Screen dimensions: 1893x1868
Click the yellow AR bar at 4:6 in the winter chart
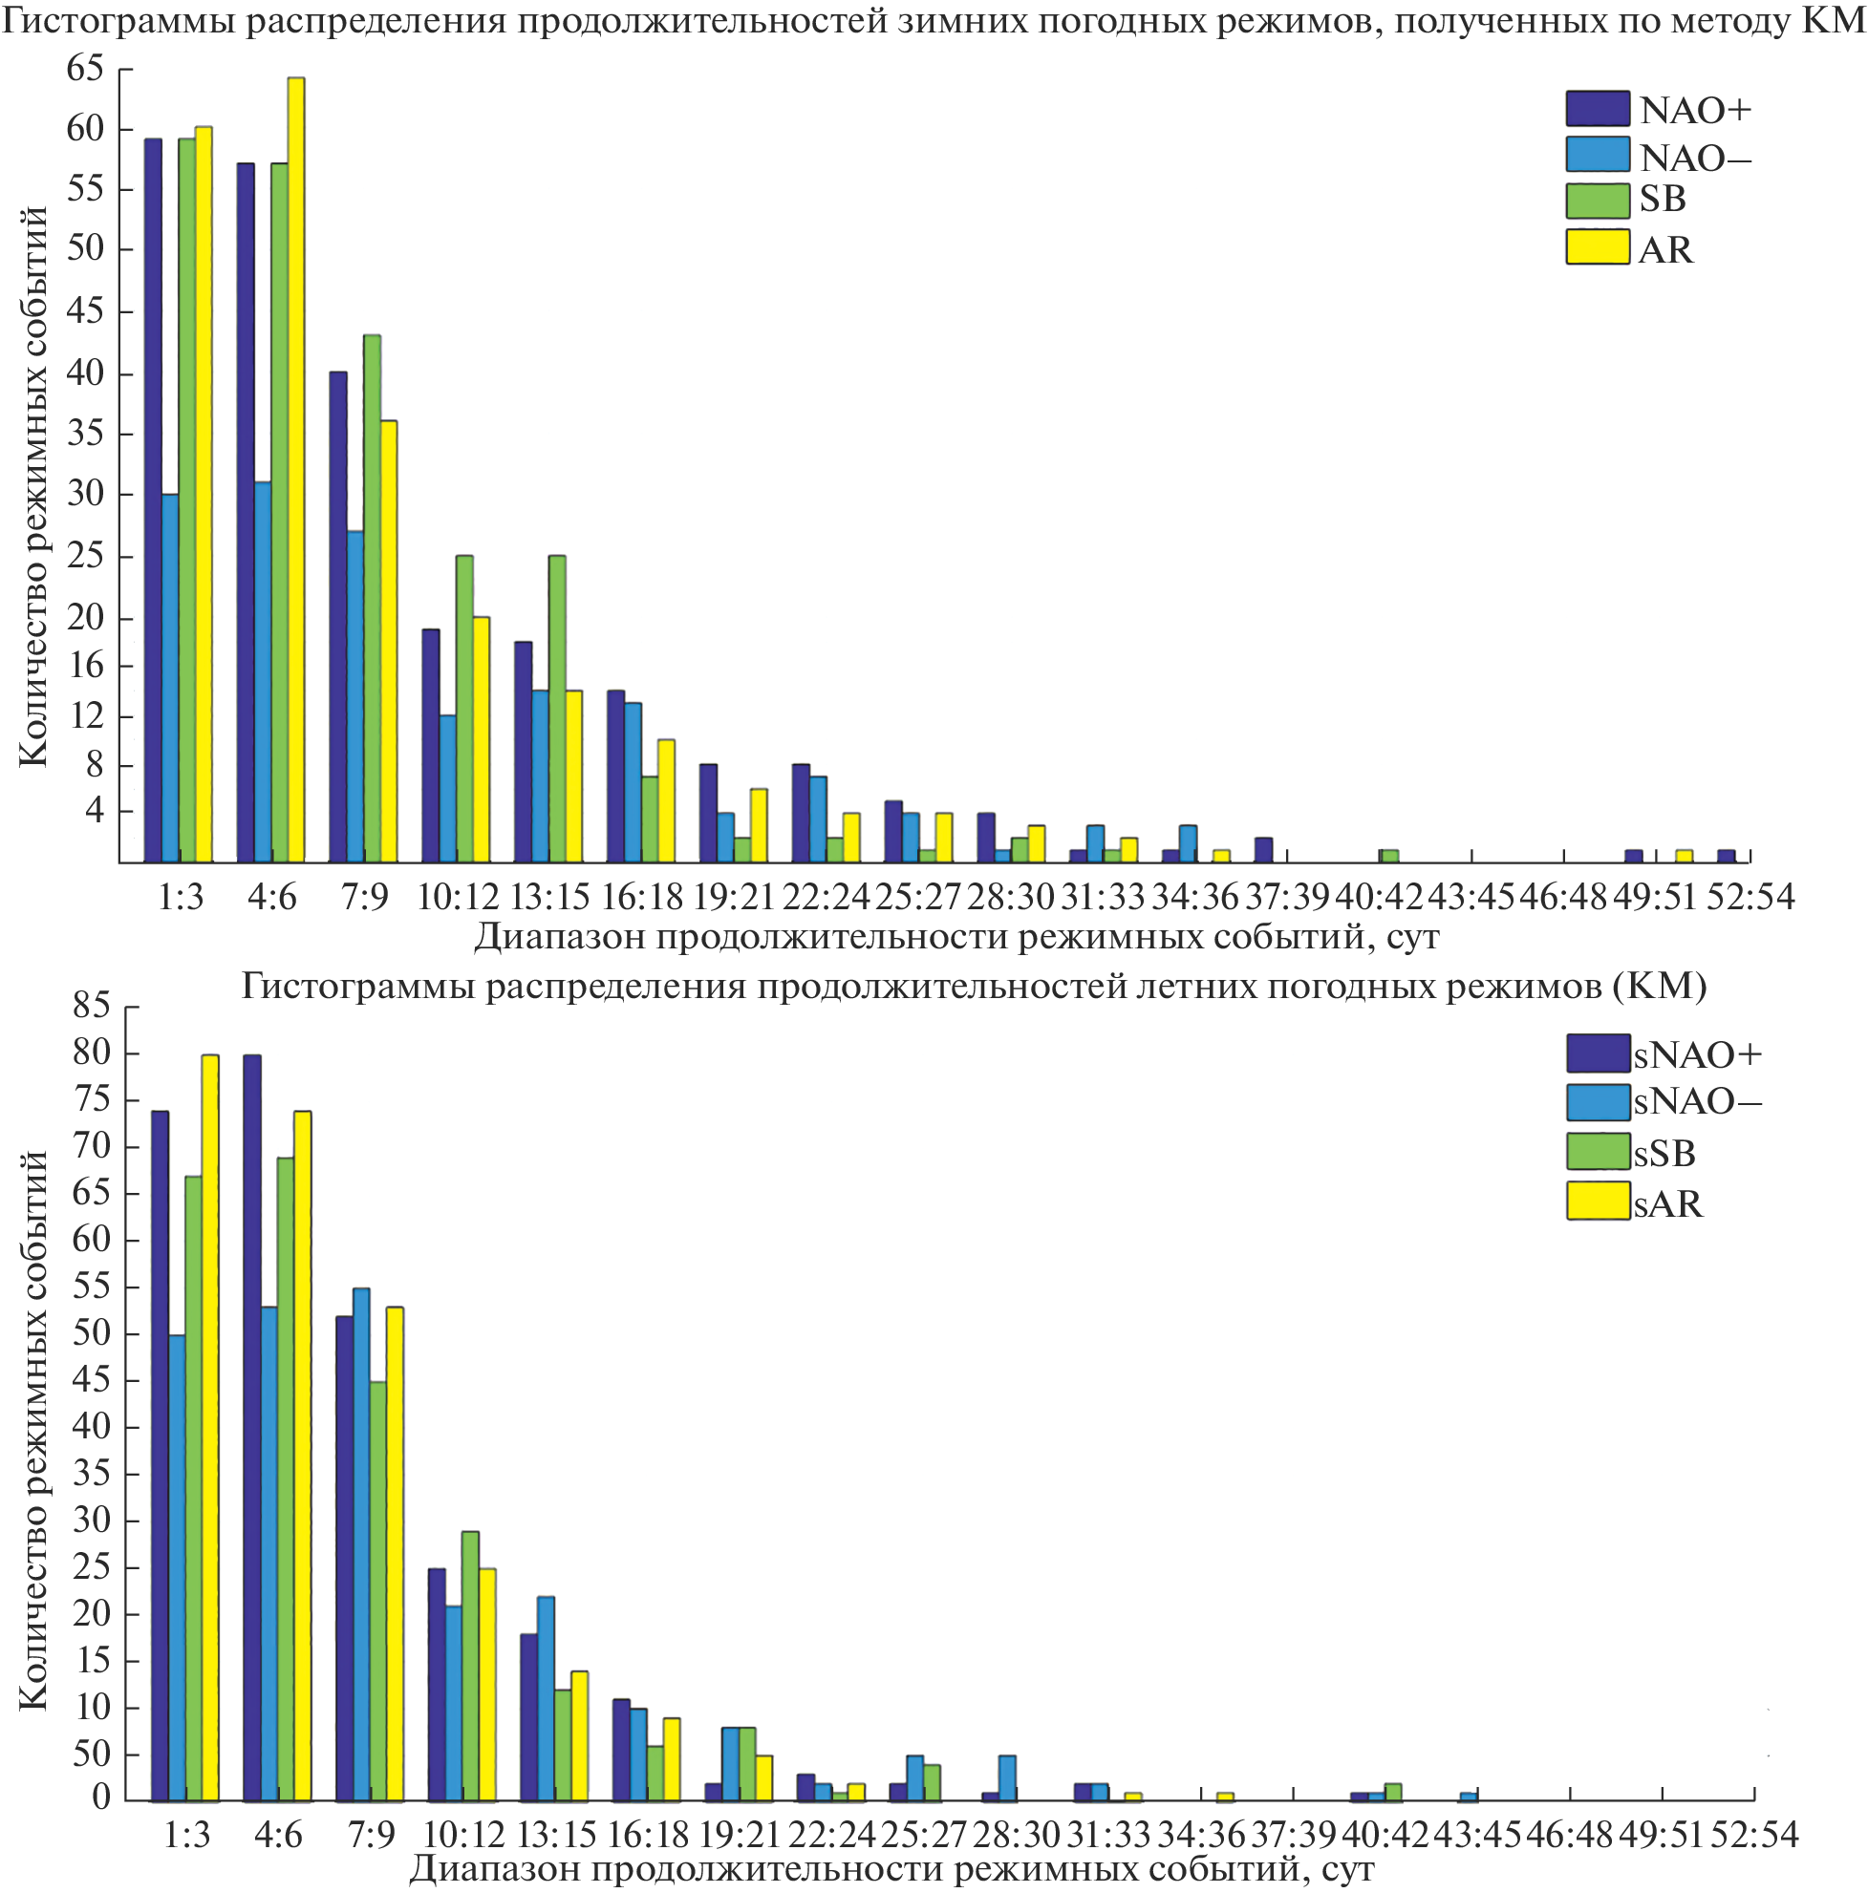pos(295,470)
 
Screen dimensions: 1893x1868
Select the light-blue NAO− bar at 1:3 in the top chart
pos(170,678)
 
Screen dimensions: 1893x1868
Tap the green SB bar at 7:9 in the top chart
pos(372,599)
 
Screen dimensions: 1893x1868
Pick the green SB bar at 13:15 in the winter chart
pos(557,709)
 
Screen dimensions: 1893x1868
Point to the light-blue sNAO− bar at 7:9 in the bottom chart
pos(361,1544)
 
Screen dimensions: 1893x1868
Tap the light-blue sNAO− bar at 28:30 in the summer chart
pos(1006,1777)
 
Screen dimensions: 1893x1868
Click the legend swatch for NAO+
pos(1597,109)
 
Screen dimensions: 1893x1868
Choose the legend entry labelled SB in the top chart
pos(1663,199)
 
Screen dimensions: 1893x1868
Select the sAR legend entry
pos(1667,1203)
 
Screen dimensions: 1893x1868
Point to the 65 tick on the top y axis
pos(84,68)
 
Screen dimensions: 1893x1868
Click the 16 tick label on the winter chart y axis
pos(86,666)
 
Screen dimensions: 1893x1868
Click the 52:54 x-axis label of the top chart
pos(1750,897)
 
